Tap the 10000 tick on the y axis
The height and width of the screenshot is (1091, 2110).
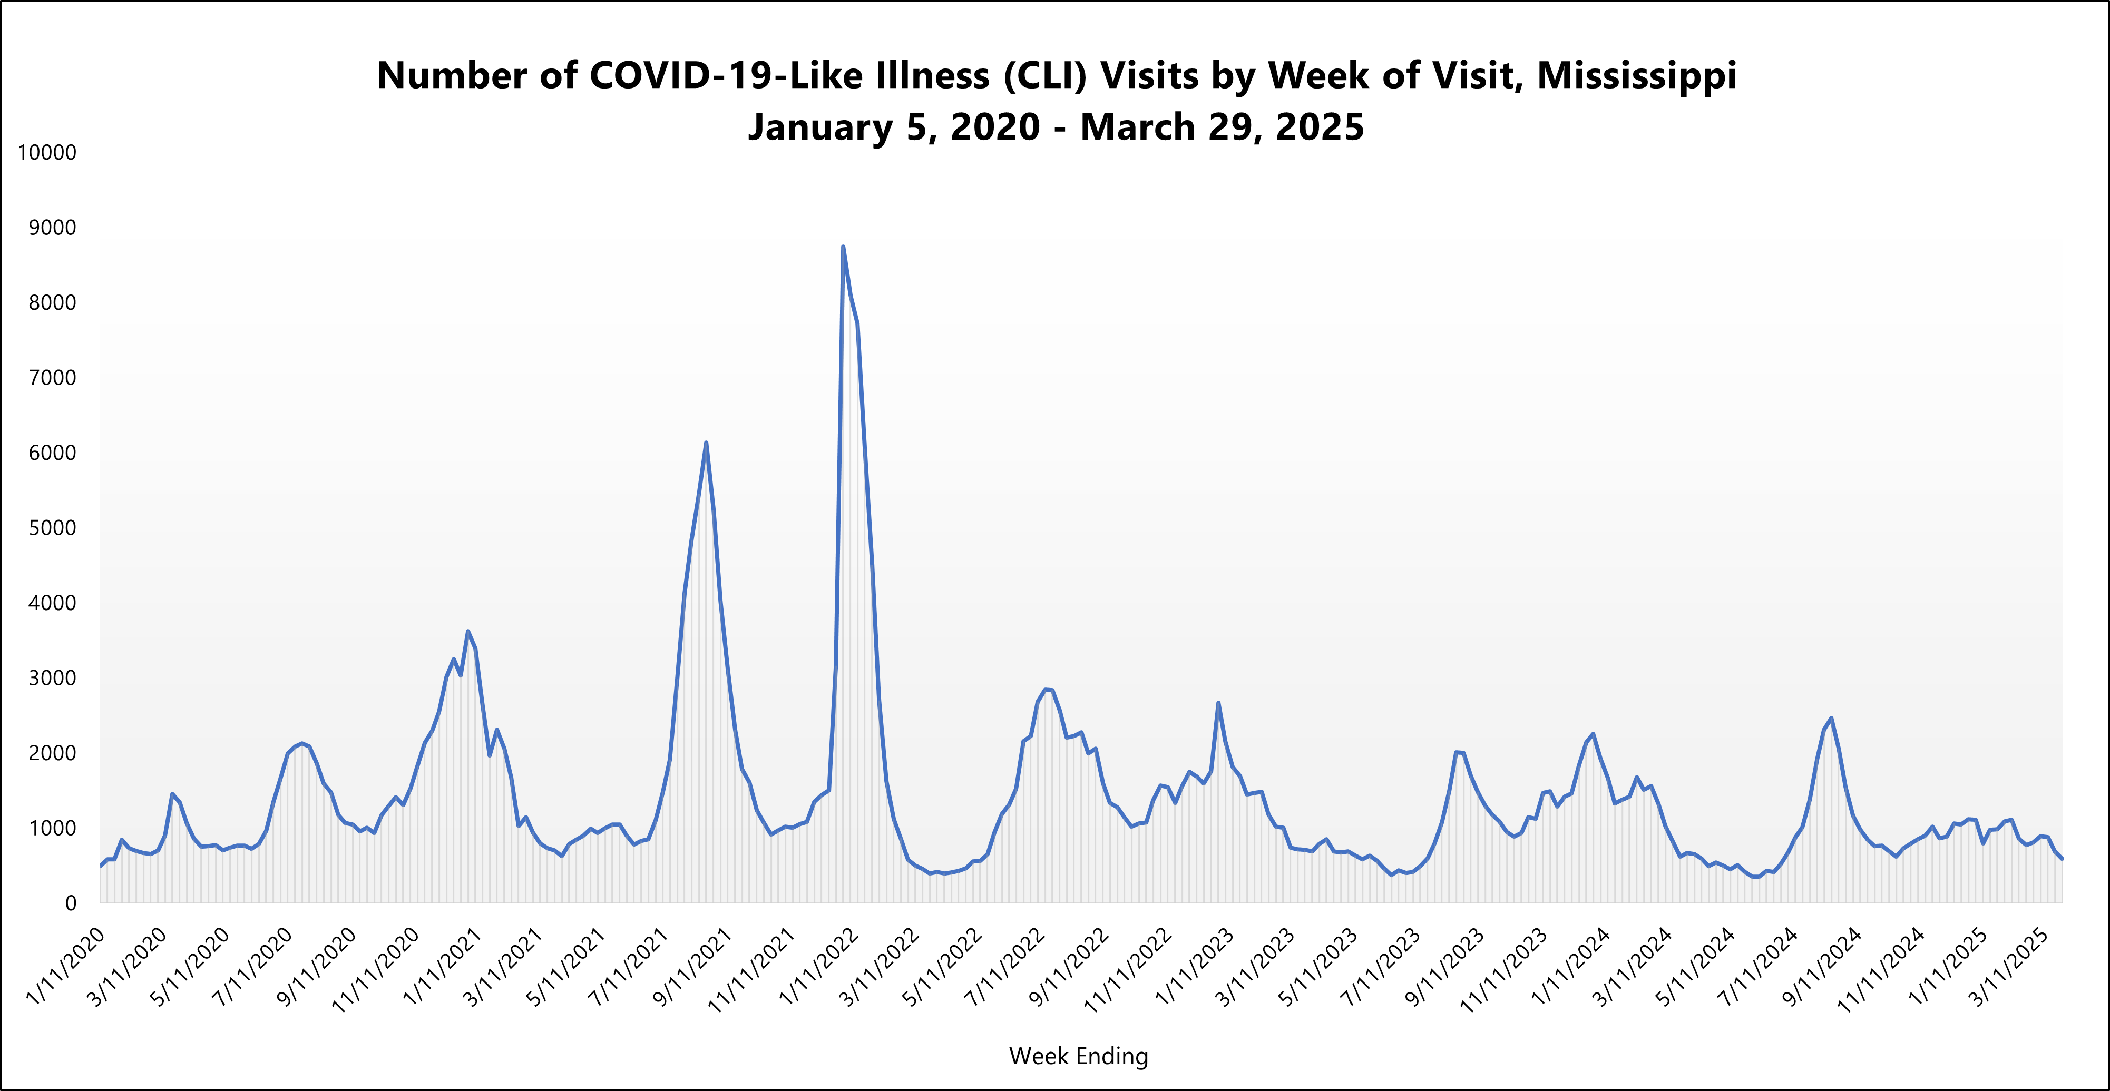coord(47,152)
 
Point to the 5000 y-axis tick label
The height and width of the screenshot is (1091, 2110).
coord(52,527)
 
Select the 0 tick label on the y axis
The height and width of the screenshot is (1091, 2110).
coord(71,903)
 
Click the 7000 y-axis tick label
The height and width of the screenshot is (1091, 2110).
coord(52,378)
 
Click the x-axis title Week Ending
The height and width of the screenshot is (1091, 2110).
coord(1078,1056)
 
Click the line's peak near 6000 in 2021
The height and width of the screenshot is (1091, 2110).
coord(706,443)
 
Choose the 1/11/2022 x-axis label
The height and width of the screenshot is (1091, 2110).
coord(819,967)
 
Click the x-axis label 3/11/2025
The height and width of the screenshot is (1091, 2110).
coord(2011,967)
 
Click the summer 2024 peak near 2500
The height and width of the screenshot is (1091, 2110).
coord(1831,719)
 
